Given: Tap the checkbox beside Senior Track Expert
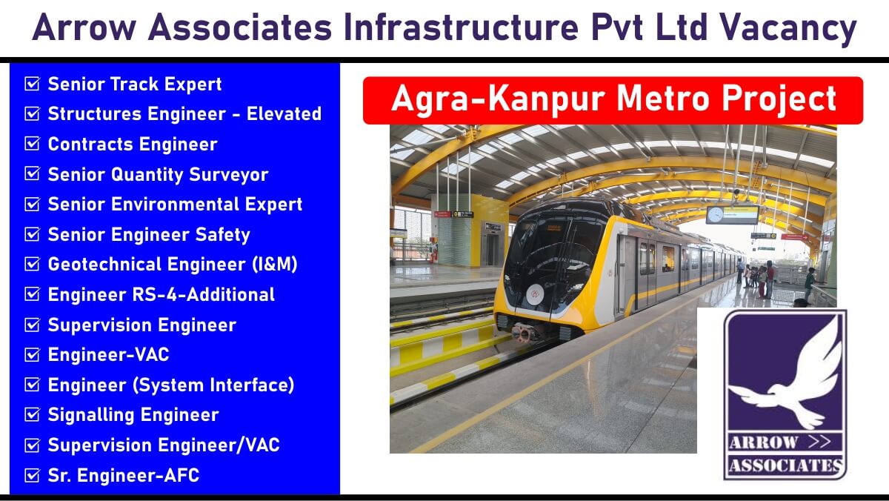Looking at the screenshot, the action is click(x=32, y=84).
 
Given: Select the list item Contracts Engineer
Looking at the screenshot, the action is click(x=133, y=144).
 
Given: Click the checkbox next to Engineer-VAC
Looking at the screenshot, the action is click(x=32, y=355).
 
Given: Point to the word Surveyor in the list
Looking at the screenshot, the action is click(x=229, y=175).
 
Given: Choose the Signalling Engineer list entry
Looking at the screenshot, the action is click(x=133, y=415).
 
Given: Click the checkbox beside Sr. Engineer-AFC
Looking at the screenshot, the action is click(x=32, y=475).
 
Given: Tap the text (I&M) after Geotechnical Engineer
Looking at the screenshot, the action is click(x=275, y=265).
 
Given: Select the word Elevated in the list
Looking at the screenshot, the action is click(x=284, y=114).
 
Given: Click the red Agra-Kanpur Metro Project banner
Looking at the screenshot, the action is click(x=613, y=101).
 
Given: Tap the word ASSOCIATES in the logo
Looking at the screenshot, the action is click(x=786, y=465).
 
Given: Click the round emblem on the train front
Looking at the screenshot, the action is click(x=535, y=293).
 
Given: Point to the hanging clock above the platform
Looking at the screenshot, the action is click(x=716, y=215).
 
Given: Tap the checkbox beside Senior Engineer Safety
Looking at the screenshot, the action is click(x=32, y=234).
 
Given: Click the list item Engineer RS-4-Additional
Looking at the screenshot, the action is click(x=162, y=294).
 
